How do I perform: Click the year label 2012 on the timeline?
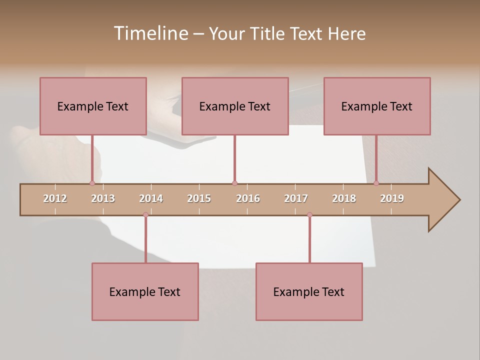(55, 198)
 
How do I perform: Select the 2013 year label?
(103, 198)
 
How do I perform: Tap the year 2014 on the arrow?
(151, 198)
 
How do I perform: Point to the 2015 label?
(199, 198)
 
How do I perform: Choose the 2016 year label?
(248, 198)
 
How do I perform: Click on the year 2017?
(296, 198)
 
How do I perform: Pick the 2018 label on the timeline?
(344, 198)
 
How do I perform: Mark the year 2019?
(392, 198)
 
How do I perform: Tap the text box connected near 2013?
(93, 106)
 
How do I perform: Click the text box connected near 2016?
(235, 106)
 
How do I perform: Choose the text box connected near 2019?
(377, 106)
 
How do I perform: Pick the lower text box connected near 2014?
(145, 291)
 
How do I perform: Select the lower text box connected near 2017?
(309, 291)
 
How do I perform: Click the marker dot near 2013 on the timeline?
(92, 183)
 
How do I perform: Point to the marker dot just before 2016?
(234, 183)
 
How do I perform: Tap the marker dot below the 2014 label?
(145, 214)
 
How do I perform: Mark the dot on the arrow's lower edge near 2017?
(309, 214)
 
